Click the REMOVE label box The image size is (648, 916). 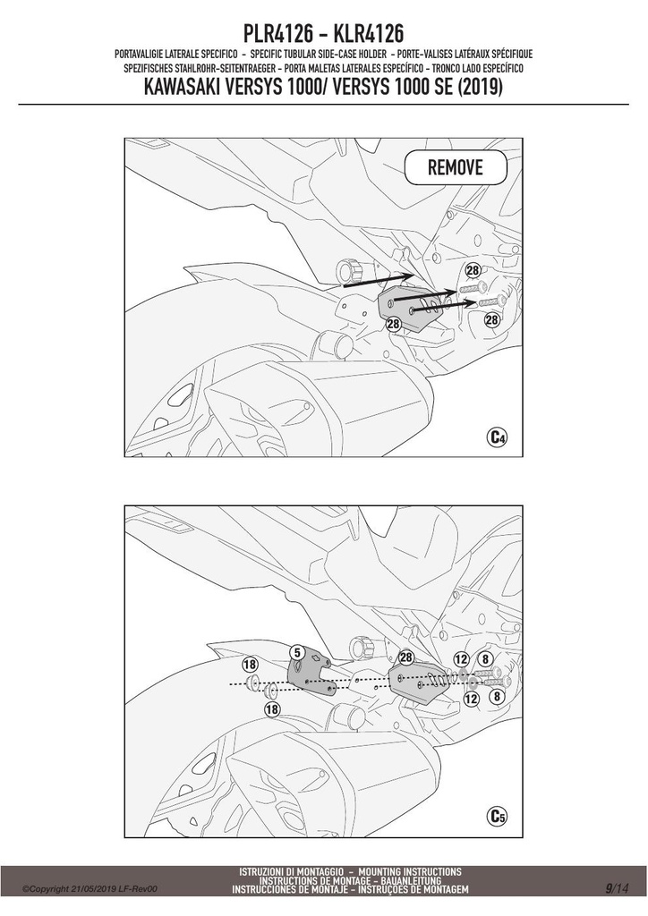click(456, 167)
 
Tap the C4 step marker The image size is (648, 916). click(497, 437)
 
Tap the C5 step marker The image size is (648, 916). click(497, 816)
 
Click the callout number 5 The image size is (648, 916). click(297, 652)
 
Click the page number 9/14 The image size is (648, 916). click(617, 889)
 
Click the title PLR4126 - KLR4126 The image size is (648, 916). click(324, 34)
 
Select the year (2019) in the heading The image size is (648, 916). click(480, 87)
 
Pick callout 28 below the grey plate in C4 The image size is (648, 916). click(393, 324)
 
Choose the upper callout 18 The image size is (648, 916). click(250, 665)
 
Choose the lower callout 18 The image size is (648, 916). click(272, 709)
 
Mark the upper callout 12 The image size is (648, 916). click(462, 659)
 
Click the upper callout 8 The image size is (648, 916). click(485, 659)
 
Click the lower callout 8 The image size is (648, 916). click(496, 697)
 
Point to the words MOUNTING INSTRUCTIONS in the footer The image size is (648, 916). click(410, 872)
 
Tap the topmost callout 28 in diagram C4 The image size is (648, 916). click(472, 270)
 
